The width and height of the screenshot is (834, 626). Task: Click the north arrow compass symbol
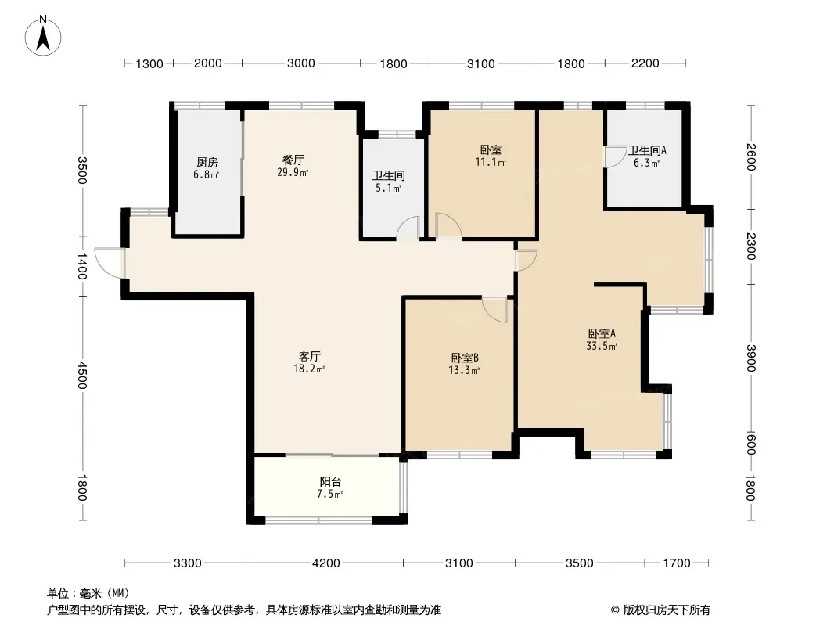point(43,36)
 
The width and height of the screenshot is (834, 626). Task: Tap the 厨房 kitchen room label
point(207,162)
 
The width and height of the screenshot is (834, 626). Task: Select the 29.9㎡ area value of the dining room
point(293,172)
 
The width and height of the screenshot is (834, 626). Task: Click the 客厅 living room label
point(309,356)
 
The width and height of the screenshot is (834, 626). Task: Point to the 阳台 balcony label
point(330,482)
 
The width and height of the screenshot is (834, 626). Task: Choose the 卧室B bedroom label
point(465,358)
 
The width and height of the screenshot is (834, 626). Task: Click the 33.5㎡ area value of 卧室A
point(602,346)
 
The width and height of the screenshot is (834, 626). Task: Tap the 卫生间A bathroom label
point(647,150)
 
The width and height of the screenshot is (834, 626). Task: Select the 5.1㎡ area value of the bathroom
point(388,188)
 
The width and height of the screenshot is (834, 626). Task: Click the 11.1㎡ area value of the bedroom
point(491,162)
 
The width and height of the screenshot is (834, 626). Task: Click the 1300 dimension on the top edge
point(149,64)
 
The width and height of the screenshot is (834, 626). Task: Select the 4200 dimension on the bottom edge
point(326,563)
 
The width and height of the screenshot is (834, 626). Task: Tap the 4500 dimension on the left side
point(82,376)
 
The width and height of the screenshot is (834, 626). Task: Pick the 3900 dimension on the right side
point(750,358)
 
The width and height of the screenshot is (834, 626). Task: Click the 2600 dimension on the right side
point(750,157)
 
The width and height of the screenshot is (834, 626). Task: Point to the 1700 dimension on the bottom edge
point(677,563)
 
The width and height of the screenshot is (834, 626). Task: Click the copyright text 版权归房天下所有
point(666,610)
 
